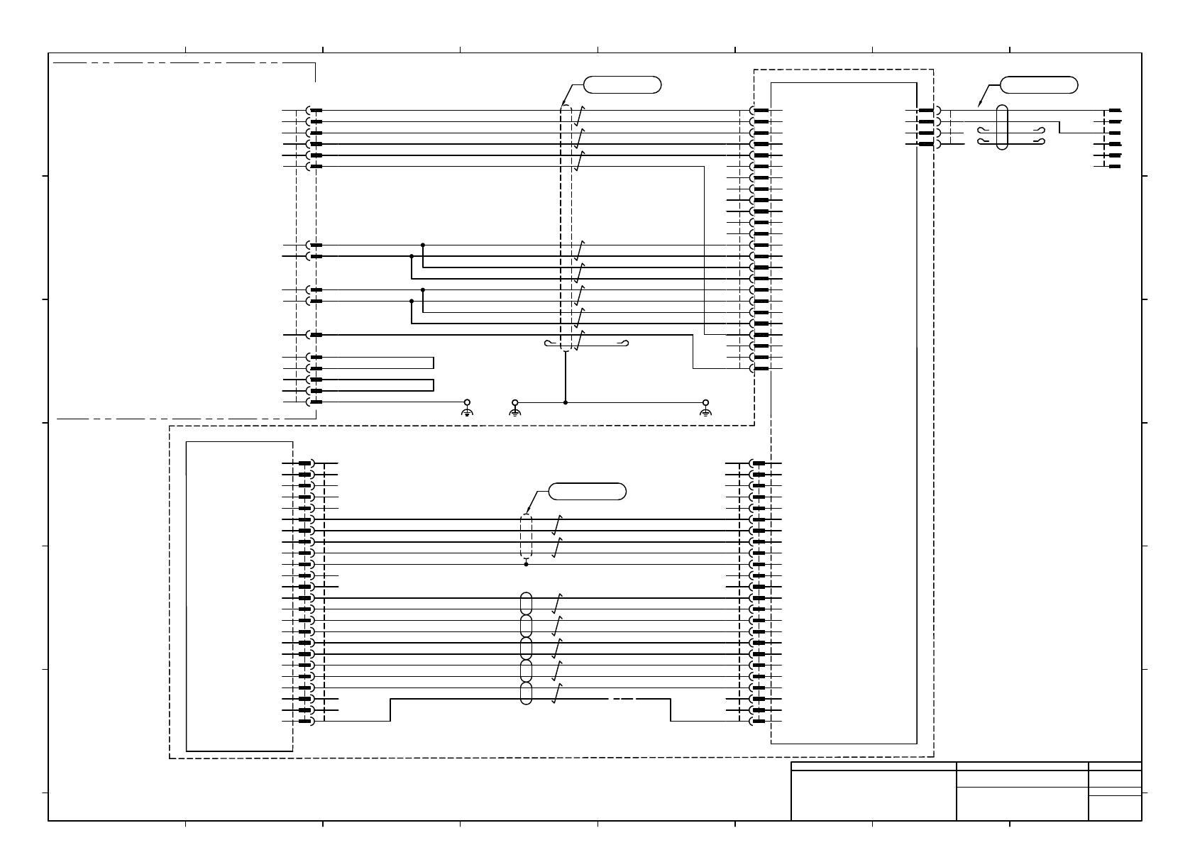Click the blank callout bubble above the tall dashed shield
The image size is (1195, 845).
click(622, 85)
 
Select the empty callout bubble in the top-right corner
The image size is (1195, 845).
click(1039, 85)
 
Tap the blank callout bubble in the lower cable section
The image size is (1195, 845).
click(588, 491)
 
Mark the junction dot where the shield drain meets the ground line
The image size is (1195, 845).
click(566, 402)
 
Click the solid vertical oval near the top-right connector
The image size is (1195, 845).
click(1001, 128)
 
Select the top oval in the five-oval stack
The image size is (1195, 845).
click(526, 603)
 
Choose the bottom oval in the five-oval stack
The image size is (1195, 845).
click(526, 694)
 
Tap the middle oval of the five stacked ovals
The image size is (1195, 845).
click(526, 648)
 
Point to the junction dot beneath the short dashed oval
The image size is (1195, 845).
click(526, 565)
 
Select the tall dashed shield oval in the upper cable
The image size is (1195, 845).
click(566, 227)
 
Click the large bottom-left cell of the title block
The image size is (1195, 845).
click(874, 795)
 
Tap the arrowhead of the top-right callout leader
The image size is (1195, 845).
click(979, 106)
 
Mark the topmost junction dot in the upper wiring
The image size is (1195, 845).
click(423, 245)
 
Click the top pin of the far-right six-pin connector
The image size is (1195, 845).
click(1115, 111)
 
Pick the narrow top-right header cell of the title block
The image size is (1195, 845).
click(1115, 766)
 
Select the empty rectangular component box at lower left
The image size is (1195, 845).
click(239, 596)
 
